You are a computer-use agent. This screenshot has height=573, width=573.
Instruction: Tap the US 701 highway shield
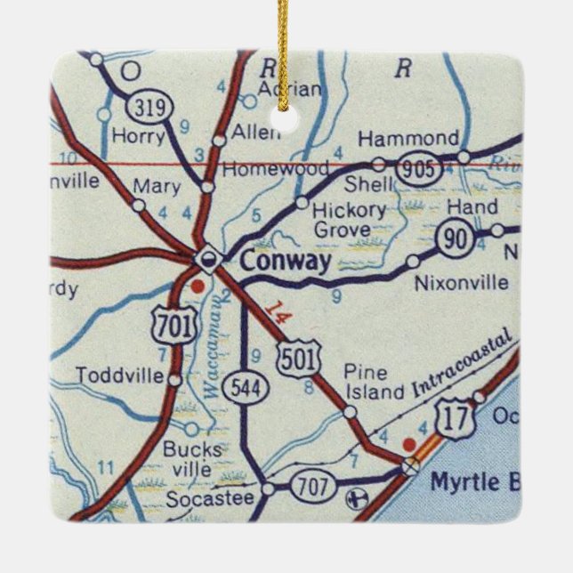[x=172, y=327]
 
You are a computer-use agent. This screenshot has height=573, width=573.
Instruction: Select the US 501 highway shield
[x=294, y=357]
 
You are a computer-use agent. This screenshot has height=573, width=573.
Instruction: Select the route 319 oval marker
[x=144, y=109]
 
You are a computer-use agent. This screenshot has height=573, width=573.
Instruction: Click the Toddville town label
[x=120, y=375]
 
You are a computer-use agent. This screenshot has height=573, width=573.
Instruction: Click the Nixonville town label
[x=462, y=283]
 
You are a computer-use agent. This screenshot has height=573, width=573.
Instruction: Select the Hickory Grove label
[x=349, y=220]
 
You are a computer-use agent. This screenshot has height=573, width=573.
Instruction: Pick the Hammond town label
[x=408, y=139]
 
